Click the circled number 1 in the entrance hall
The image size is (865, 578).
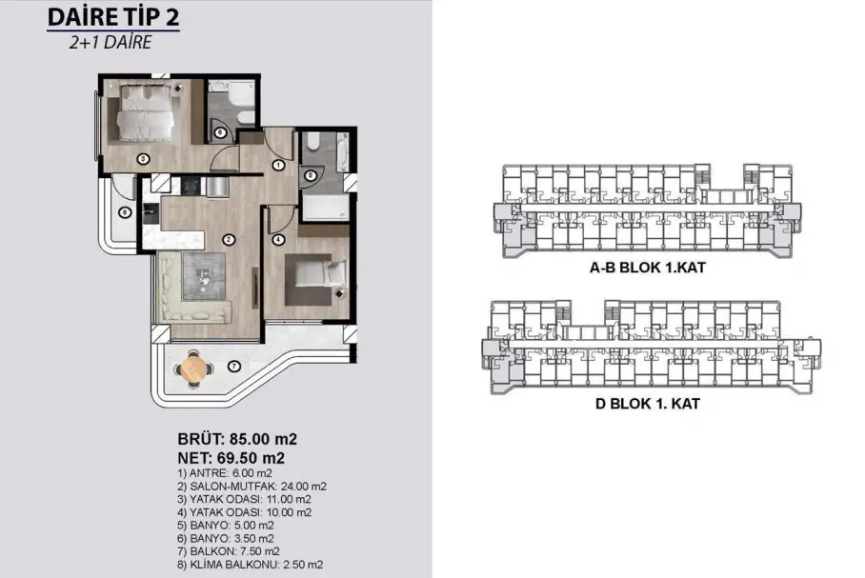[278, 165]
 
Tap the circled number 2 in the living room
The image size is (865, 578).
[229, 239]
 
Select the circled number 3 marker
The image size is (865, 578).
[143, 159]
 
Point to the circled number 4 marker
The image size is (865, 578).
[278, 239]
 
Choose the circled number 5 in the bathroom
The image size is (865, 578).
[310, 175]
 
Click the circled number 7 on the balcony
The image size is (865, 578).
[234, 366]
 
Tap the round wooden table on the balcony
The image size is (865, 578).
[192, 368]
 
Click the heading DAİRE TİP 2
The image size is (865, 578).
[113, 16]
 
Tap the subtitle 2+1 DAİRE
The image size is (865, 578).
[110, 43]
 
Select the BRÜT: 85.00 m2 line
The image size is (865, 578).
[237, 439]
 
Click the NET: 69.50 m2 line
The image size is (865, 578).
[231, 458]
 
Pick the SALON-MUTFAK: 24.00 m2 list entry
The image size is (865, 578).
[252, 487]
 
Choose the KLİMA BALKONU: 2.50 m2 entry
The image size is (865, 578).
[251, 565]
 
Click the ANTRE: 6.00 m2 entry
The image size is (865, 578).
[225, 473]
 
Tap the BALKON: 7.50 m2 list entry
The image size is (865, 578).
[229, 551]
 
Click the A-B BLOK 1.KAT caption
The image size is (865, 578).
[648, 268]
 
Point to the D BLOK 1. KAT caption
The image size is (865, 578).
[648, 404]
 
